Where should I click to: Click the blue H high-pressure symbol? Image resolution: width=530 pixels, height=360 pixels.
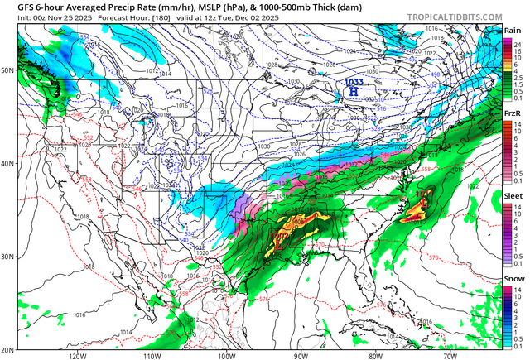coord(353,92)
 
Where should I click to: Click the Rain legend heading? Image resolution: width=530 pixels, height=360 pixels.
coord(513,31)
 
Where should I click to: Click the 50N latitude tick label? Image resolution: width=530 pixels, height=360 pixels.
coord(7,70)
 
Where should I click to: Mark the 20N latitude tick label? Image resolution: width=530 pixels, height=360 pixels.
coord(7,349)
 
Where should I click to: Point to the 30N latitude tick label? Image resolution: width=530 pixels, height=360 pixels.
coord(7,257)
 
